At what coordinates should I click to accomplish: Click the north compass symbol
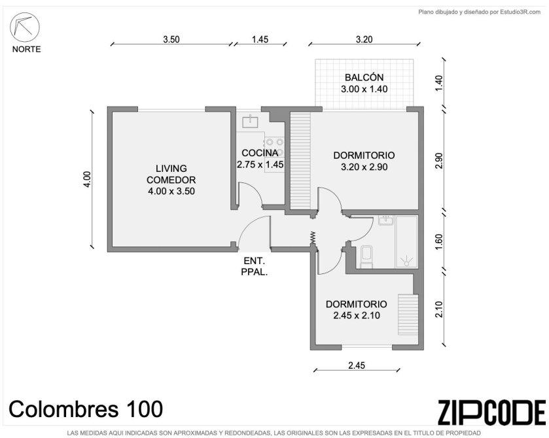(x=24, y=27)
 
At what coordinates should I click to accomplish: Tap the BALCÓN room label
(x=364, y=77)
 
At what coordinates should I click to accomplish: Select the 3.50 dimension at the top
(x=171, y=39)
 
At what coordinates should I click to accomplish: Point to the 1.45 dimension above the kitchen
(x=260, y=39)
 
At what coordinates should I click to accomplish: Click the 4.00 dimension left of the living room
(x=87, y=178)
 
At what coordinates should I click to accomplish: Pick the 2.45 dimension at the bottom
(x=357, y=365)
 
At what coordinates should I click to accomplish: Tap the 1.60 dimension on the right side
(x=438, y=241)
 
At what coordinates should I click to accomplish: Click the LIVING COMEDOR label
(x=171, y=175)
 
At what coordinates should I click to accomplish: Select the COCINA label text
(x=260, y=153)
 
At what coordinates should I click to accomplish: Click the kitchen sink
(x=251, y=121)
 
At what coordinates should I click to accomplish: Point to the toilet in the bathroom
(x=366, y=257)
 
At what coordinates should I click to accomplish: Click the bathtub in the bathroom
(x=406, y=242)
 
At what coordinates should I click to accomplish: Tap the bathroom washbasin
(x=386, y=220)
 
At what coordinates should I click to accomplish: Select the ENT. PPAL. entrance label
(x=255, y=266)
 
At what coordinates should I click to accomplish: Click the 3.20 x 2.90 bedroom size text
(x=364, y=167)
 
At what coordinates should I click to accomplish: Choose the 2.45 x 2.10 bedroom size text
(x=357, y=316)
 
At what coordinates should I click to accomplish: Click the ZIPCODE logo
(x=491, y=413)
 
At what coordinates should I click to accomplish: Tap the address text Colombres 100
(x=86, y=409)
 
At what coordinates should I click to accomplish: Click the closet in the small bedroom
(x=408, y=314)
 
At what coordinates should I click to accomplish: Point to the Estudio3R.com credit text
(x=480, y=12)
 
